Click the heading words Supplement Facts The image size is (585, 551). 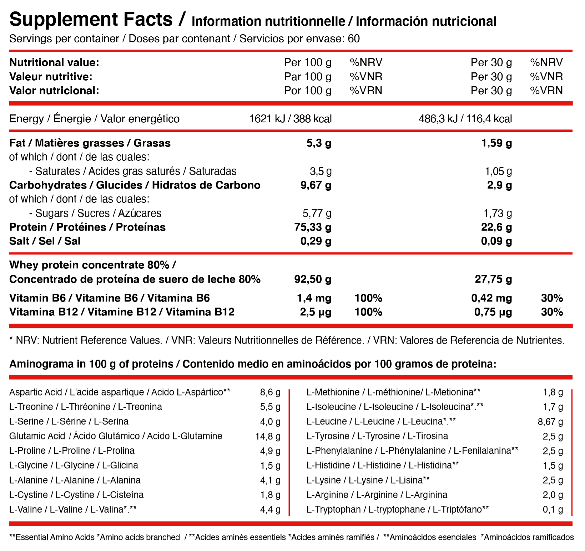(x=91, y=20)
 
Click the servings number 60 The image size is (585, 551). (x=353, y=38)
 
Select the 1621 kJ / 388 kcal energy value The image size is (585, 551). (x=291, y=119)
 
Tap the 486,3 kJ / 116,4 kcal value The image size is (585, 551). (x=465, y=119)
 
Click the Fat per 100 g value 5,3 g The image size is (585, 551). (x=319, y=143)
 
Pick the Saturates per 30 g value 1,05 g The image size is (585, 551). (x=498, y=171)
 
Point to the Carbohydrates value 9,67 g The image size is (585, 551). (x=316, y=185)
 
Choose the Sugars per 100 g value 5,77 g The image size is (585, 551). (x=317, y=213)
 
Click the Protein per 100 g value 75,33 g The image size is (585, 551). (x=313, y=227)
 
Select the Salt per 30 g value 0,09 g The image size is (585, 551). (x=496, y=241)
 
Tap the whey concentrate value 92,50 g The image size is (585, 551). (x=313, y=279)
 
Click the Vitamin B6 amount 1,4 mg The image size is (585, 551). (x=314, y=298)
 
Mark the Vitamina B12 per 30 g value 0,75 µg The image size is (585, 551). (x=493, y=312)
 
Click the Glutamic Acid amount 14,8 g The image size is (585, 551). (x=268, y=436)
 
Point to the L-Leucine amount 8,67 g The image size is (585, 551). (x=550, y=422)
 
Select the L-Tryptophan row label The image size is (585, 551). (x=398, y=509)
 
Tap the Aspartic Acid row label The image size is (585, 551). (x=120, y=392)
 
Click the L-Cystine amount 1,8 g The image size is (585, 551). (x=270, y=495)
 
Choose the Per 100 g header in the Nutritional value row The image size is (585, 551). (x=308, y=62)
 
